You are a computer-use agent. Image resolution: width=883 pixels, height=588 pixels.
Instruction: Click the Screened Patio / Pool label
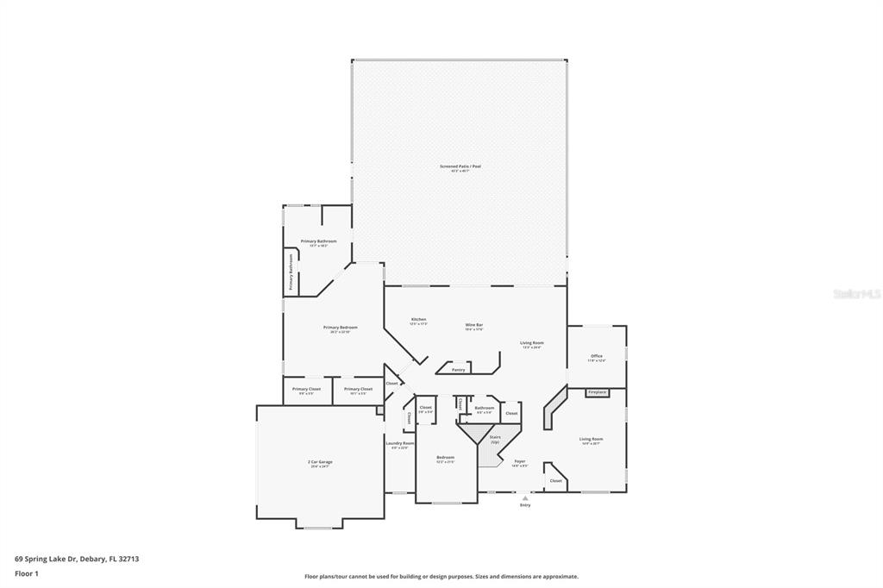460,166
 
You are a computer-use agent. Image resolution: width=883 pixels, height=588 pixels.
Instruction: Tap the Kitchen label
418,319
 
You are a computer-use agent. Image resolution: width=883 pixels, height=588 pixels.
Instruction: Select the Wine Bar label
473,325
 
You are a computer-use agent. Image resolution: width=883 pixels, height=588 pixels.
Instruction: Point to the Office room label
597,355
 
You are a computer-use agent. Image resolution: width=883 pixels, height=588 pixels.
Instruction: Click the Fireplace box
597,392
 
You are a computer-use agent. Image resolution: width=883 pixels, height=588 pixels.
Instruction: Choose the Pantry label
458,369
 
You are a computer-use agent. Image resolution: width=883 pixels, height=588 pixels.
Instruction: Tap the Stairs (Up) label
495,438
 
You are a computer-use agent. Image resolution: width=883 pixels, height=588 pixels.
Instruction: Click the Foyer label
519,461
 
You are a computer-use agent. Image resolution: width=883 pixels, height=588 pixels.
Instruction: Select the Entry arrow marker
525,497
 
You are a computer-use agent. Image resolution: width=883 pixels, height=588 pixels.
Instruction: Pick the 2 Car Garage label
320,462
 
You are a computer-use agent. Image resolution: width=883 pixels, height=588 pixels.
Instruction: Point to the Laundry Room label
399,443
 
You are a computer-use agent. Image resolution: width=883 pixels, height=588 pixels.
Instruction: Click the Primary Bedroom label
341,328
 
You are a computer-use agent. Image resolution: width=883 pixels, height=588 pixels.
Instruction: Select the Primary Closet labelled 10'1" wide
358,389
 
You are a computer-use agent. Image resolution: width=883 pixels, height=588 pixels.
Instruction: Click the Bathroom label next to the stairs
484,408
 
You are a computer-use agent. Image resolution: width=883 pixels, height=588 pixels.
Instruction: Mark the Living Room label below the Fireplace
591,439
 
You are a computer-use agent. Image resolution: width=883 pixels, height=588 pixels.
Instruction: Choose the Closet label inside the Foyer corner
555,480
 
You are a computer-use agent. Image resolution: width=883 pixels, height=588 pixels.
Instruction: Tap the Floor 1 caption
27,572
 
